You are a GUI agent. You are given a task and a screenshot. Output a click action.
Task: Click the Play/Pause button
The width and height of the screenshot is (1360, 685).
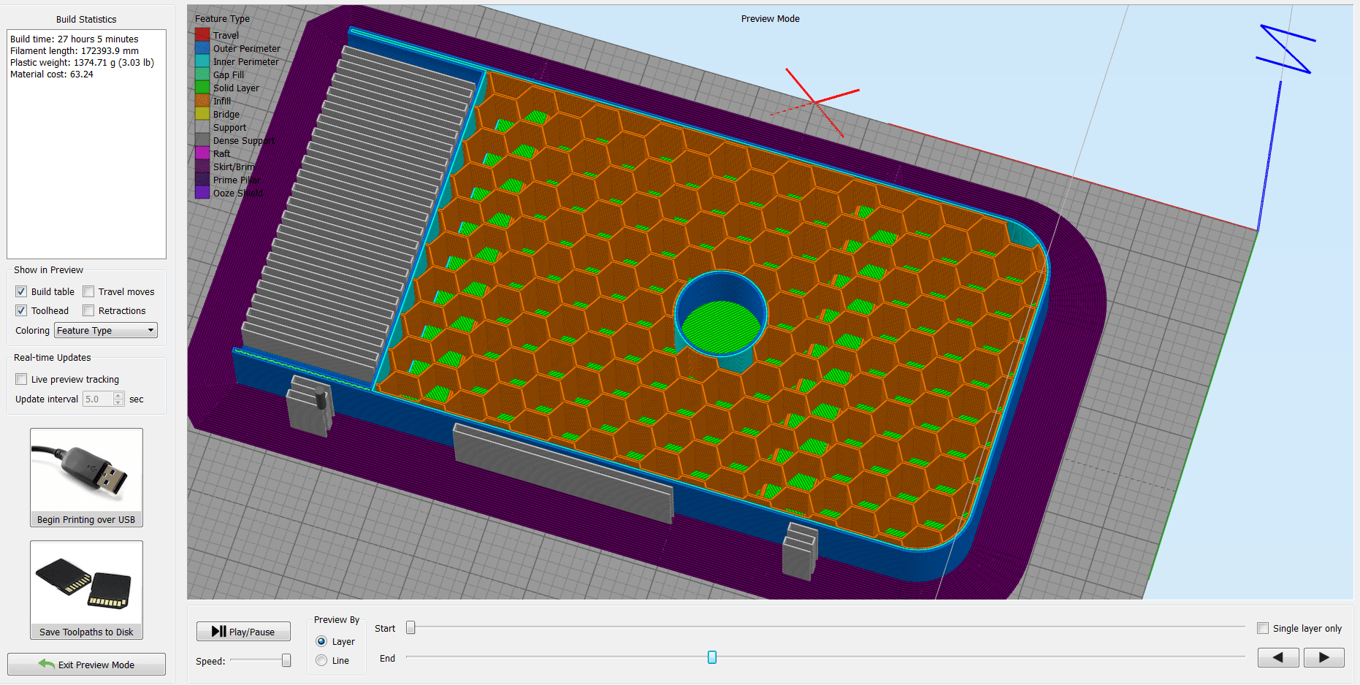coord(243,632)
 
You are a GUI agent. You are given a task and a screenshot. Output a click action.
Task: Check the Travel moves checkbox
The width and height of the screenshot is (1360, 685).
coord(89,291)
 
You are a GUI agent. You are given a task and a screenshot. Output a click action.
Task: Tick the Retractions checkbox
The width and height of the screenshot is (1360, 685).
coord(89,310)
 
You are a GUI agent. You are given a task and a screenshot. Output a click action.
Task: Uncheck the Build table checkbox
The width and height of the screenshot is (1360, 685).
coord(21,291)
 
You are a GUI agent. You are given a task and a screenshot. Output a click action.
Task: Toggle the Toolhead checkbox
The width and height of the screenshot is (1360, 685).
coord(21,310)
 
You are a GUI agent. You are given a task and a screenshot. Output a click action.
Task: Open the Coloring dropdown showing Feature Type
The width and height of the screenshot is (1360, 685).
coord(106,330)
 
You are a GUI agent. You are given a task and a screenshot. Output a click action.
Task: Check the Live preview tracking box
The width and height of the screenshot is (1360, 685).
coord(21,379)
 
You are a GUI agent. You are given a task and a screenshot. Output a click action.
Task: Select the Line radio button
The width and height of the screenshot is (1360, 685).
coord(321,660)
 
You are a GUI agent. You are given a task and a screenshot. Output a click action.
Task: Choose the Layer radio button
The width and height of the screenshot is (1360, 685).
coord(321,641)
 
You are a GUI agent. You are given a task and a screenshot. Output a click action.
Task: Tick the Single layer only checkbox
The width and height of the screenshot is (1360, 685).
coord(1263,628)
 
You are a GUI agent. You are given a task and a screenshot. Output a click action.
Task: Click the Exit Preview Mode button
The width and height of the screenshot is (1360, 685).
coord(86,665)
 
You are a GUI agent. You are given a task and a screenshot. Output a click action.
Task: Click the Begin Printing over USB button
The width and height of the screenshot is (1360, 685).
coord(86,478)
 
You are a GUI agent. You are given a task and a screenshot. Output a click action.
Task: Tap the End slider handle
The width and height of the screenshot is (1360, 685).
coord(712,657)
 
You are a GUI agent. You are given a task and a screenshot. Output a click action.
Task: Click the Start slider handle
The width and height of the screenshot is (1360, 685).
coord(410,627)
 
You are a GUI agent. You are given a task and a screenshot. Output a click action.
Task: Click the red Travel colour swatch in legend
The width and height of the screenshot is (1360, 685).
coord(202,35)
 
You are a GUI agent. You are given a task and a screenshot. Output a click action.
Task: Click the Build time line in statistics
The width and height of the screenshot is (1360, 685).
coord(75,39)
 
